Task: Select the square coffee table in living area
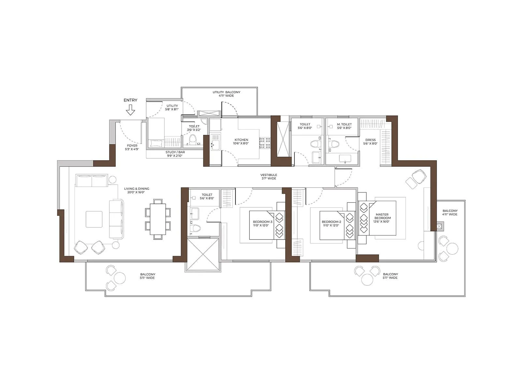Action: pyautogui.click(x=94, y=219)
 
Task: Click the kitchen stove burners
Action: pyautogui.click(x=265, y=143)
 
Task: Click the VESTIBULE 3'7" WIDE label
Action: pyautogui.click(x=269, y=176)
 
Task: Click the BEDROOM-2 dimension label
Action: pyautogui.click(x=331, y=225)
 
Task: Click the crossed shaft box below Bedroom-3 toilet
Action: pyautogui.click(x=203, y=254)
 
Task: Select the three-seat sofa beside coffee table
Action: pyautogui.click(x=116, y=219)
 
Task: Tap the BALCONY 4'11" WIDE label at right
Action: pyautogui.click(x=450, y=213)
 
